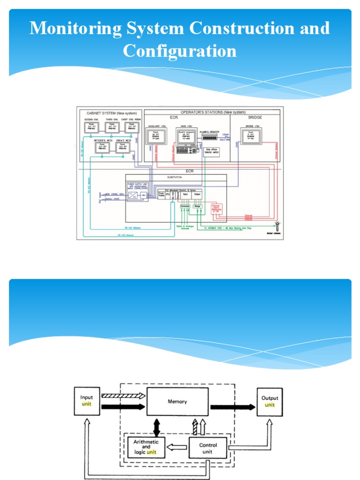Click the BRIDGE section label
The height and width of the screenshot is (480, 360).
click(x=255, y=119)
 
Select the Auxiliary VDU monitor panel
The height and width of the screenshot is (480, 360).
click(x=156, y=136)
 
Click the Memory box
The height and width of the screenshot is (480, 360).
click(x=177, y=402)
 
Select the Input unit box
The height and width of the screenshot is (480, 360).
click(x=87, y=401)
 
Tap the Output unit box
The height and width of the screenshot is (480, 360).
click(x=270, y=402)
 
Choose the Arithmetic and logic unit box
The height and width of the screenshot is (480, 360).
click(x=146, y=447)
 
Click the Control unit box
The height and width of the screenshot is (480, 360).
click(x=208, y=448)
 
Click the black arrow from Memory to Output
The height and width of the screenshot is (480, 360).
click(x=232, y=407)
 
